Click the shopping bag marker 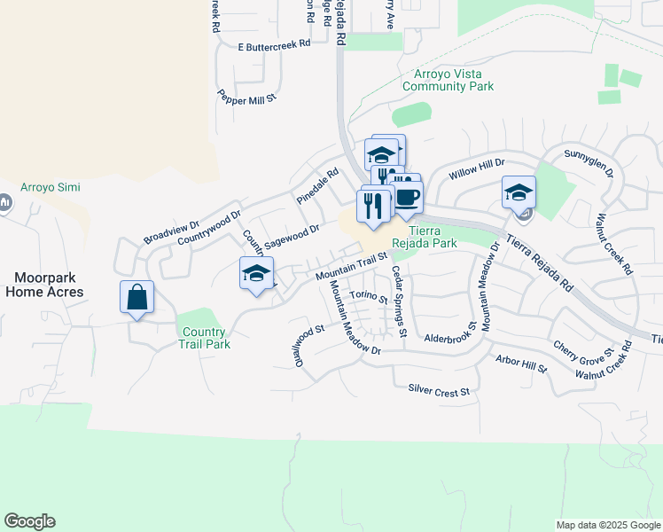137,298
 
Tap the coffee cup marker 407,199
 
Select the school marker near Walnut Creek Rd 519,192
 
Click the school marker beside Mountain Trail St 256,274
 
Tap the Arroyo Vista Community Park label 448,80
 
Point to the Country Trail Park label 205,338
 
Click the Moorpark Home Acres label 44,285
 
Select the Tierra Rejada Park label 425,236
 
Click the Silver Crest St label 438,389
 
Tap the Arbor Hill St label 522,363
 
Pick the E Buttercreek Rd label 274,43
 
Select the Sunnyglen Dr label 589,161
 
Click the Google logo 29,521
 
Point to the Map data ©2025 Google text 607,525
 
